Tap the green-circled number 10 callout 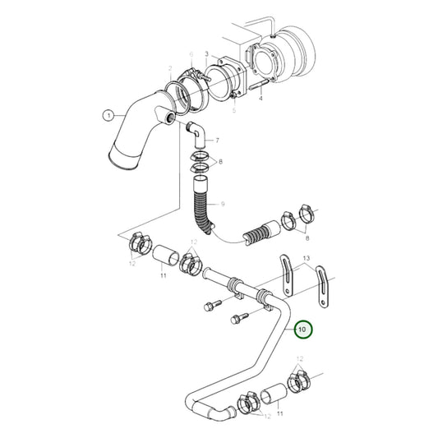(302, 330)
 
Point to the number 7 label (217, 141)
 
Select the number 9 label (222, 202)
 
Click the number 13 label (307, 258)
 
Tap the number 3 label (207, 54)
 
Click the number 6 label (191, 54)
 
